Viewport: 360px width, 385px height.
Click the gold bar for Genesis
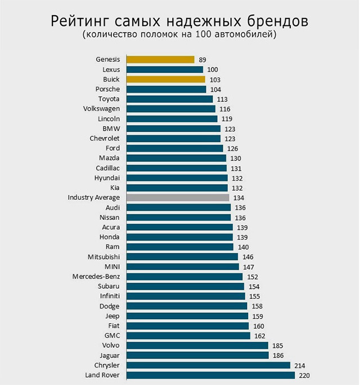tap(160, 59)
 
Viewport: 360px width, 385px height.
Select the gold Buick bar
tap(165, 79)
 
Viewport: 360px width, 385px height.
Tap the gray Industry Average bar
tap(178, 198)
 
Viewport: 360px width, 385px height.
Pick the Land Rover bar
tap(210, 375)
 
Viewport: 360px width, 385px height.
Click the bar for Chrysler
tap(208, 365)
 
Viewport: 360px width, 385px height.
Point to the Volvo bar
tap(197, 346)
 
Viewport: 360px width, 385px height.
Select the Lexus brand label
tap(111, 69)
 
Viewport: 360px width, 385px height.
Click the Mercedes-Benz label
tap(96, 276)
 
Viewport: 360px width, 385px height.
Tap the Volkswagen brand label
tap(101, 109)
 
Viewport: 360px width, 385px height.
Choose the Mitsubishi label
tap(103, 257)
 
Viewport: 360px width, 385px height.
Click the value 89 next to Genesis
tap(203, 59)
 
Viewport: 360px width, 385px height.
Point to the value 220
tap(304, 375)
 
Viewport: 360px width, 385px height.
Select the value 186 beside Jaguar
tap(278, 356)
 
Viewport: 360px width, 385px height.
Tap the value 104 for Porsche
tap(215, 89)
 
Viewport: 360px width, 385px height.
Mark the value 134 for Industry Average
tap(239, 198)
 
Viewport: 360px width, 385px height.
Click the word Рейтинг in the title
tap(80, 22)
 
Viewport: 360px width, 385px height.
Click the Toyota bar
tap(169, 99)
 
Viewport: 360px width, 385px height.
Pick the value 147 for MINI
tap(249, 267)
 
